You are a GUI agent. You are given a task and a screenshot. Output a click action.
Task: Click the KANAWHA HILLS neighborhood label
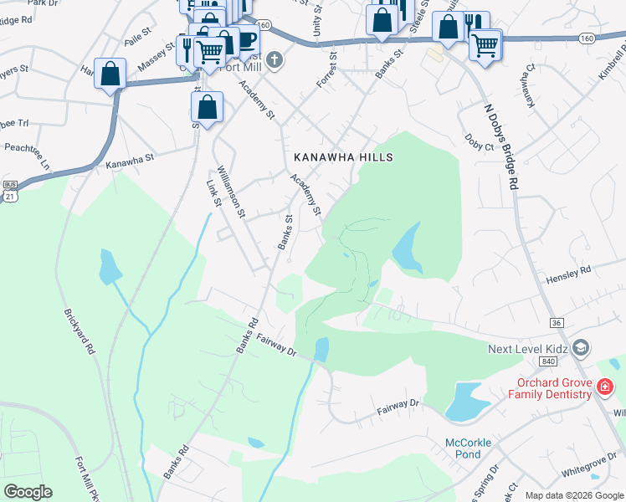click(x=343, y=157)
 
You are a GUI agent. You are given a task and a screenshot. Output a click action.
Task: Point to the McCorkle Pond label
click(x=462, y=448)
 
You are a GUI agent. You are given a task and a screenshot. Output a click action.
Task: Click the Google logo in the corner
click(x=28, y=492)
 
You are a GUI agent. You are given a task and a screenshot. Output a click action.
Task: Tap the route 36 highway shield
click(x=556, y=322)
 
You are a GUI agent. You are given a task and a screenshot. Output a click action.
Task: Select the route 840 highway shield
click(x=548, y=361)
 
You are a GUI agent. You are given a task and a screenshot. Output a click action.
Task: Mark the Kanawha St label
click(x=130, y=159)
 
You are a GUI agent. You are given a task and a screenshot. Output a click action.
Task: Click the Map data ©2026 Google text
click(x=573, y=495)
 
